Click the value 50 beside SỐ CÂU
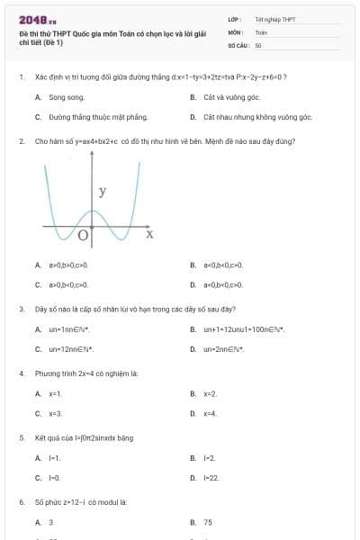pyautogui.click(x=258, y=44)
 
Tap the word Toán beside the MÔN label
pyautogui.click(x=261, y=31)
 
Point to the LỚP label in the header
pyautogui.click(x=235, y=19)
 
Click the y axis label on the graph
pyautogui.click(x=103, y=192)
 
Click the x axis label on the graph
pyautogui.click(x=149, y=234)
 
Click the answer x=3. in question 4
pyautogui.click(x=56, y=413)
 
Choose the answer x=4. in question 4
pyautogui.click(x=211, y=413)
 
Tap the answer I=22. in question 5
pyautogui.click(x=211, y=478)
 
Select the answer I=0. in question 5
pyautogui.click(x=55, y=478)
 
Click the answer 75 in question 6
pyautogui.click(x=208, y=522)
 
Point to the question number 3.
pyautogui.click(x=21, y=309)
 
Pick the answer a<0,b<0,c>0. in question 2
pyautogui.click(x=223, y=265)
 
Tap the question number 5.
pyautogui.click(x=21, y=438)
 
